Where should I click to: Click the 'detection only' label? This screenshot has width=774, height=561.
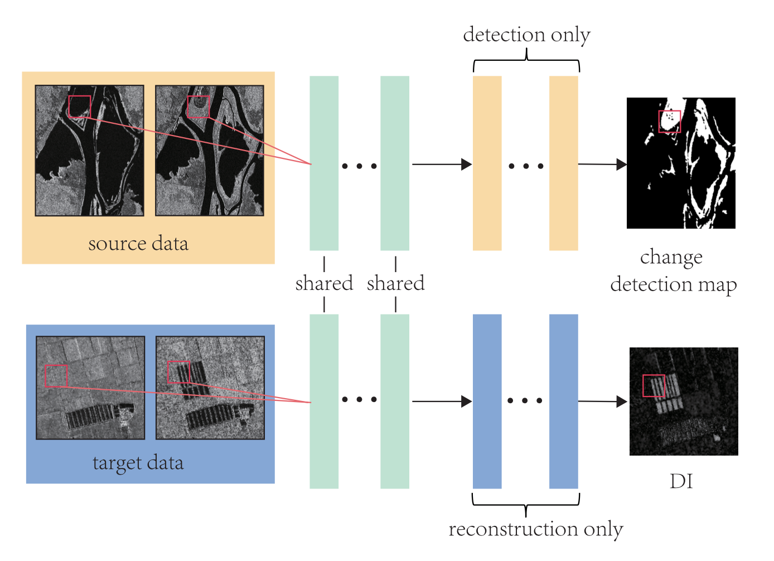tap(526, 35)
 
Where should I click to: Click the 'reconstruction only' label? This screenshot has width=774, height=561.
tap(535, 529)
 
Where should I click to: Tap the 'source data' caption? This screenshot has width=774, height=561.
tap(138, 244)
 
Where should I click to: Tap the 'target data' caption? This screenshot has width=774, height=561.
tap(138, 463)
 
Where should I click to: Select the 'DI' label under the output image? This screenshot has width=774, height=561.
tap(681, 481)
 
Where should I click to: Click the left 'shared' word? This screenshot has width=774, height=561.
tap(324, 283)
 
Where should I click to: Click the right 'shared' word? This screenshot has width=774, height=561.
tap(395, 283)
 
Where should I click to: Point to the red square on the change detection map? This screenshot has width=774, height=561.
tap(669, 121)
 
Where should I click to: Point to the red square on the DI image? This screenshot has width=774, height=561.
tap(654, 385)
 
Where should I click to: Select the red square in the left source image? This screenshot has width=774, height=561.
tap(79, 107)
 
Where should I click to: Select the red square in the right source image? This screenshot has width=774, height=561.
tap(198, 107)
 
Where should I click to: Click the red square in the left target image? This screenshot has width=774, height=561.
tap(56, 376)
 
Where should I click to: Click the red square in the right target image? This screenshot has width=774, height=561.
tap(178, 372)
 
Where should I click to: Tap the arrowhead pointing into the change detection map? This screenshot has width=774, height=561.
tap(621, 165)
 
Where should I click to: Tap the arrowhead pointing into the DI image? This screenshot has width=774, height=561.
tap(622, 402)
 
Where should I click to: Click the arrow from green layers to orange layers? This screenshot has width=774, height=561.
tap(441, 165)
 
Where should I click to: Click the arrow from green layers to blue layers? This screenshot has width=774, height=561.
tap(441, 402)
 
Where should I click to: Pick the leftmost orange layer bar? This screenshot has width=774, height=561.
tap(487, 163)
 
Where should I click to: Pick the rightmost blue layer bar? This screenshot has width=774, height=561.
tap(563, 402)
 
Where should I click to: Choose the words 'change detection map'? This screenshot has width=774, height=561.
tap(673, 271)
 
